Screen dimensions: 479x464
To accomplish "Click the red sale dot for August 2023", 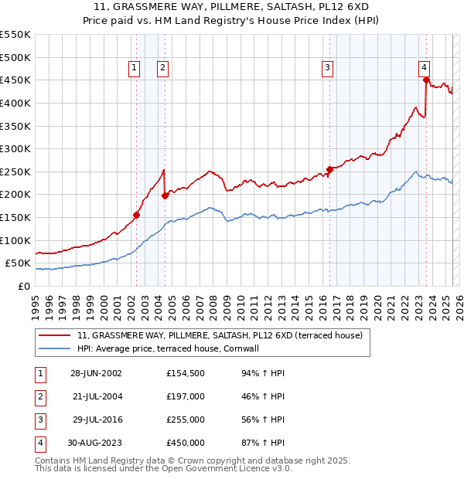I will pos(426,80).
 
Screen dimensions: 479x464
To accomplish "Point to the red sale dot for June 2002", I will pos(136,215).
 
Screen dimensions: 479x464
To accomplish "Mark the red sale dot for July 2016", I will pos(329,169).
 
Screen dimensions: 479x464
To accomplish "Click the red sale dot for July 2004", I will pos(165,195).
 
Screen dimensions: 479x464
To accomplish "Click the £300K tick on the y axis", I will pos(15,148).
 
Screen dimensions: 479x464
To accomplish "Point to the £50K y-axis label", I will pos(18,263).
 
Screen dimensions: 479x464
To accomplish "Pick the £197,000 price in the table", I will pos(186,397).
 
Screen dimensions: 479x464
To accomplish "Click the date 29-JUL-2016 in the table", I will pos(96,420).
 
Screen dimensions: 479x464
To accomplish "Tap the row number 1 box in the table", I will pos(38,374).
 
